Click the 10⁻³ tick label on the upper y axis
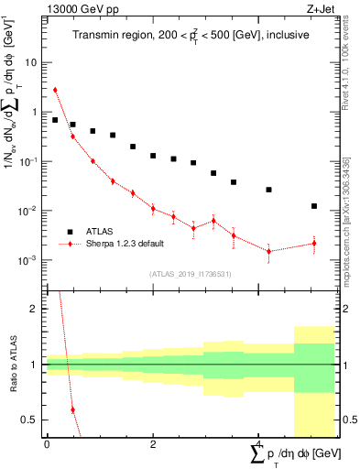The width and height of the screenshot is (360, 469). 30,260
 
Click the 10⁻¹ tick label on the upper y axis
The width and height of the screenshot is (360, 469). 30,161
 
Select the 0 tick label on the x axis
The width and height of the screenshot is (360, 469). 46,443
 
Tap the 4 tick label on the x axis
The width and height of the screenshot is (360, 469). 258,443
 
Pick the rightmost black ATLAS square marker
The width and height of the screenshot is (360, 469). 314,206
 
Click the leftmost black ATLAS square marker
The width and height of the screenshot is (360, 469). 55,120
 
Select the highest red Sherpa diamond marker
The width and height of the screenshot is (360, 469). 55,90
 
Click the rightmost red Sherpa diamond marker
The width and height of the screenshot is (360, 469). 314,243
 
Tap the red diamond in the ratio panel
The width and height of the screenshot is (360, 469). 72,409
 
